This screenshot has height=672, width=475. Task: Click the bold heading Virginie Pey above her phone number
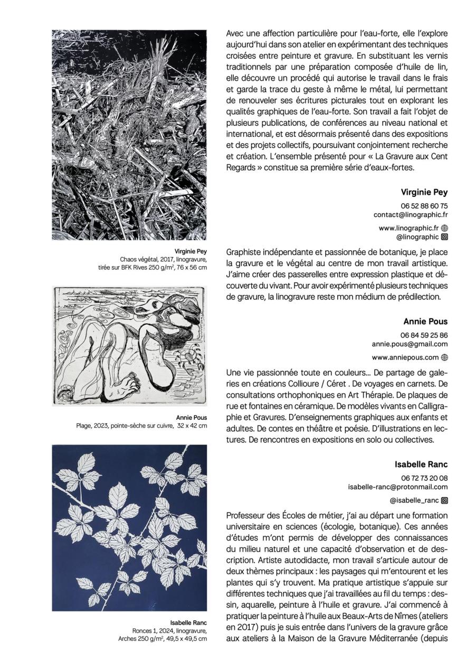click(x=424, y=192)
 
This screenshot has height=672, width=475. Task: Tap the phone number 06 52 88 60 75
click(x=424, y=206)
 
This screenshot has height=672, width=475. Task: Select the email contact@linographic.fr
click(x=411, y=215)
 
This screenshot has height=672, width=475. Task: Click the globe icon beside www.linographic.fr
click(x=444, y=228)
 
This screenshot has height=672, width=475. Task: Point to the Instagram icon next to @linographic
click(x=444, y=237)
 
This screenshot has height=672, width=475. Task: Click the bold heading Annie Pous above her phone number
click(x=425, y=321)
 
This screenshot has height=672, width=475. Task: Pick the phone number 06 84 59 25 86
click(x=424, y=335)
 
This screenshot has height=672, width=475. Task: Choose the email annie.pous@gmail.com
click(x=410, y=344)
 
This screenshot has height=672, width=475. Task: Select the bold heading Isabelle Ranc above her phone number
click(x=421, y=465)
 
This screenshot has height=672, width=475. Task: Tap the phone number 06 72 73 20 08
click(x=424, y=478)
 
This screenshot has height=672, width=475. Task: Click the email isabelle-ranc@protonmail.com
click(x=398, y=487)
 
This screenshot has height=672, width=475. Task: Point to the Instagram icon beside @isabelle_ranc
click(x=444, y=500)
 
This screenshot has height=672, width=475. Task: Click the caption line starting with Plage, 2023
click(x=141, y=425)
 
